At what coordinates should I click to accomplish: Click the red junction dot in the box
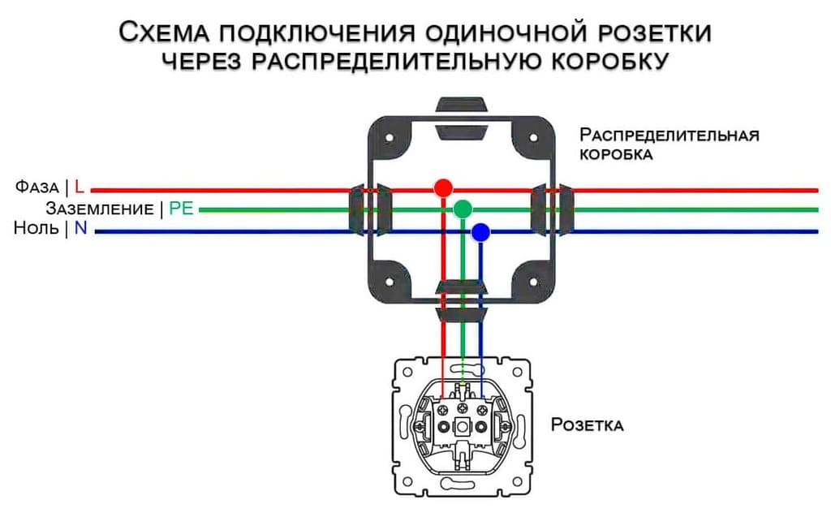[442, 188]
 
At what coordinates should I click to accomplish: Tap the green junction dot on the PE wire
[462, 209]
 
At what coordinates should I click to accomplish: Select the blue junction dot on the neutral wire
[480, 232]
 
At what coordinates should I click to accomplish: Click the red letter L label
[80, 187]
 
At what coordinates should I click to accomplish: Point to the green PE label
[181, 209]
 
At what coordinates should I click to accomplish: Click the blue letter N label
[80, 229]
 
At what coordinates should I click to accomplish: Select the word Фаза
[37, 188]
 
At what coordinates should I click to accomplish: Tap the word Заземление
[100, 209]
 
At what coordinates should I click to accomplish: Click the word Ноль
[36, 230]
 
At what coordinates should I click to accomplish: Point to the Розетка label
[588, 425]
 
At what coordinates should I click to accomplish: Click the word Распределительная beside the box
[670, 135]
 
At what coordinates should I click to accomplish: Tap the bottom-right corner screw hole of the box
[534, 282]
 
